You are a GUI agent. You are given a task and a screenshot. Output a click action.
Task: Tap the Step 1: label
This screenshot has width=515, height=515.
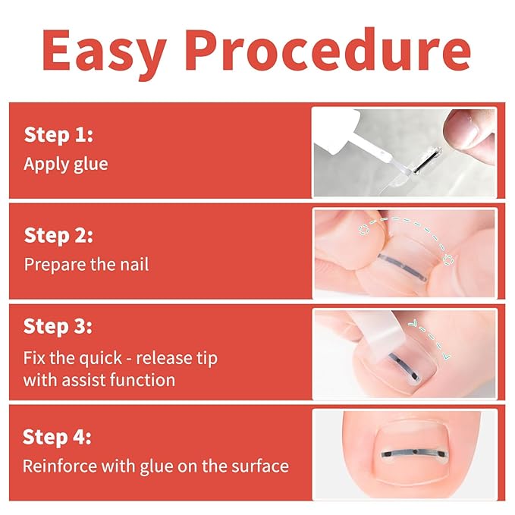point(58,135)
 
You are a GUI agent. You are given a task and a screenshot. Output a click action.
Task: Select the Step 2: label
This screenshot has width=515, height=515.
point(58,235)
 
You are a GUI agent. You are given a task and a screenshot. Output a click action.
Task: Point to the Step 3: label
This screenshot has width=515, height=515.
point(58,327)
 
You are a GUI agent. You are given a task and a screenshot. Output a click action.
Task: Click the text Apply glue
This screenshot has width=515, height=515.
point(66,163)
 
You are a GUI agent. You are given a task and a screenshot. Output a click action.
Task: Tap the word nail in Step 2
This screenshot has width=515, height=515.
point(135,264)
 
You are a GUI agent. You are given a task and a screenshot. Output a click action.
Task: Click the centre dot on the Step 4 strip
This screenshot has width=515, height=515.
point(410,455)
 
